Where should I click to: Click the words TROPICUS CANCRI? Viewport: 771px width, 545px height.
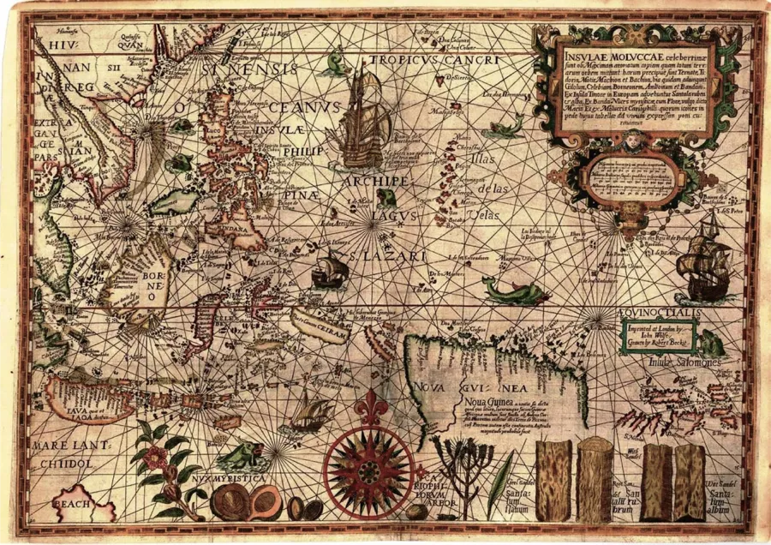(x=433, y=61)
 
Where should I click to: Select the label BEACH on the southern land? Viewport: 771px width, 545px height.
(x=72, y=506)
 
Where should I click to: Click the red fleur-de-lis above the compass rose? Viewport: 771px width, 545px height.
(x=370, y=405)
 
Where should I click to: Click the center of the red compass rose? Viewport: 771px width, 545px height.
(x=369, y=469)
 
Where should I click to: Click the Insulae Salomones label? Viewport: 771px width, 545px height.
(x=686, y=362)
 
